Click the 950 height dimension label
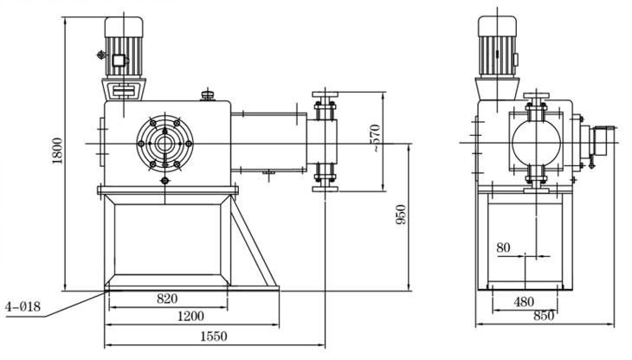(x=401, y=217)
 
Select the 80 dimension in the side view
(x=504, y=247)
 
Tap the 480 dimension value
(x=522, y=303)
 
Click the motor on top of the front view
(x=122, y=48)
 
